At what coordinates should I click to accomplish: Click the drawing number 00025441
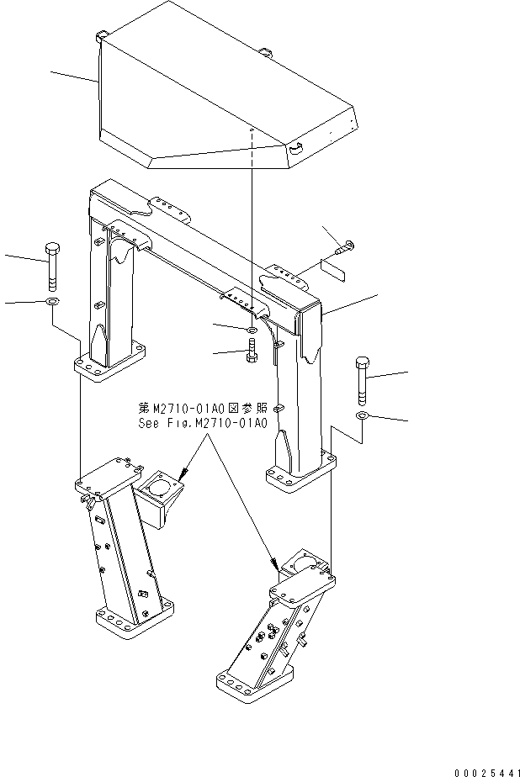tap(476, 768)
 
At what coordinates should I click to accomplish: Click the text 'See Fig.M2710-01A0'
tap(202, 423)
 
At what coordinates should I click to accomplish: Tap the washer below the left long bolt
tap(51, 302)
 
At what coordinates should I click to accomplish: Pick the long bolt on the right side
tap(363, 378)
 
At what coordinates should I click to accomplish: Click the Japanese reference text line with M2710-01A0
tap(202, 408)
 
